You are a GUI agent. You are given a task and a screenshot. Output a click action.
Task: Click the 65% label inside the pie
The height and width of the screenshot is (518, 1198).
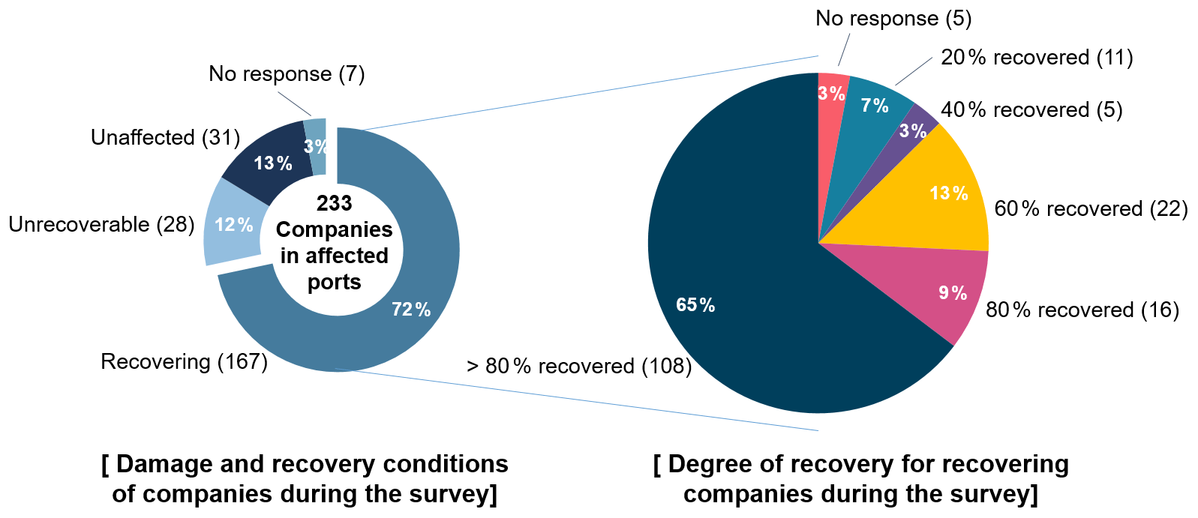695,305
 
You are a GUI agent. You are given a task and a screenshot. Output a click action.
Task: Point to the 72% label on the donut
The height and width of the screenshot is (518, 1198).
411,310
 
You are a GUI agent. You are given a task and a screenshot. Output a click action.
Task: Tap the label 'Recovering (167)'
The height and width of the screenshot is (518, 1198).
184,362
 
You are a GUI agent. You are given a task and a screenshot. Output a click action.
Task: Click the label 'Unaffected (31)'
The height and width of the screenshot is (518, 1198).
165,138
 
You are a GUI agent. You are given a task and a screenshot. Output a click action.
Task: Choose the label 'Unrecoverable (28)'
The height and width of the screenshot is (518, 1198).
101,225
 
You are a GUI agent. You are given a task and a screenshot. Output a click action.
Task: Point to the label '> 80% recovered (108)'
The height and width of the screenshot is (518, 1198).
578,367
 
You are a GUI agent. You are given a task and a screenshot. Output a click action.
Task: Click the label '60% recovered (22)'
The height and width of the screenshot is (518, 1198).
1091,209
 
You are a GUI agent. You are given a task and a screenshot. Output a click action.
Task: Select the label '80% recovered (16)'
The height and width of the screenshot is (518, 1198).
1082,310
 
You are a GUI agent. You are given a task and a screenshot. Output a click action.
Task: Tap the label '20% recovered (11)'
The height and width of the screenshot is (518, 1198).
1037,58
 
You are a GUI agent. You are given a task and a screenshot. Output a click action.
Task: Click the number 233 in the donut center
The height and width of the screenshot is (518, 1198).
335,203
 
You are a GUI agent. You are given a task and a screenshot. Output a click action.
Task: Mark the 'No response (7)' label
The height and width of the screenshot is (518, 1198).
287,74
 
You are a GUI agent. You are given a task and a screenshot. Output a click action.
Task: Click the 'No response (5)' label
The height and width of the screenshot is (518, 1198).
893,19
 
